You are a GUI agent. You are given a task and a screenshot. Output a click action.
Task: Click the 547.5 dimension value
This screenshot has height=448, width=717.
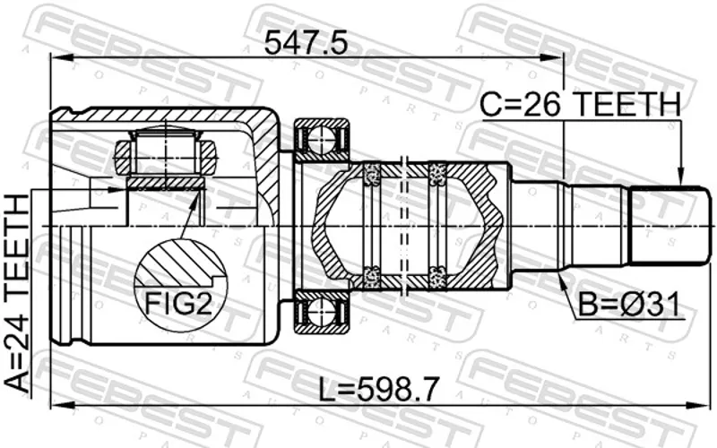click(x=306, y=43)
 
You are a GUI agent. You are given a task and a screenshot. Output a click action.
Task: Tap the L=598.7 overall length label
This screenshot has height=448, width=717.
click(x=378, y=389)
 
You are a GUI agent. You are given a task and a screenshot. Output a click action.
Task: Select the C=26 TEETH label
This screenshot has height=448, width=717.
click(x=580, y=104)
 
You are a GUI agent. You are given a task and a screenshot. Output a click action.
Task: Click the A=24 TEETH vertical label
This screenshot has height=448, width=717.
click(x=17, y=293)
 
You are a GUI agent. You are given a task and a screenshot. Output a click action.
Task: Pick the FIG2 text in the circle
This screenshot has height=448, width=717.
click(x=178, y=303)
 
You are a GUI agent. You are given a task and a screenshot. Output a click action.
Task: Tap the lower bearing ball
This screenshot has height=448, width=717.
click(x=322, y=315)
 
